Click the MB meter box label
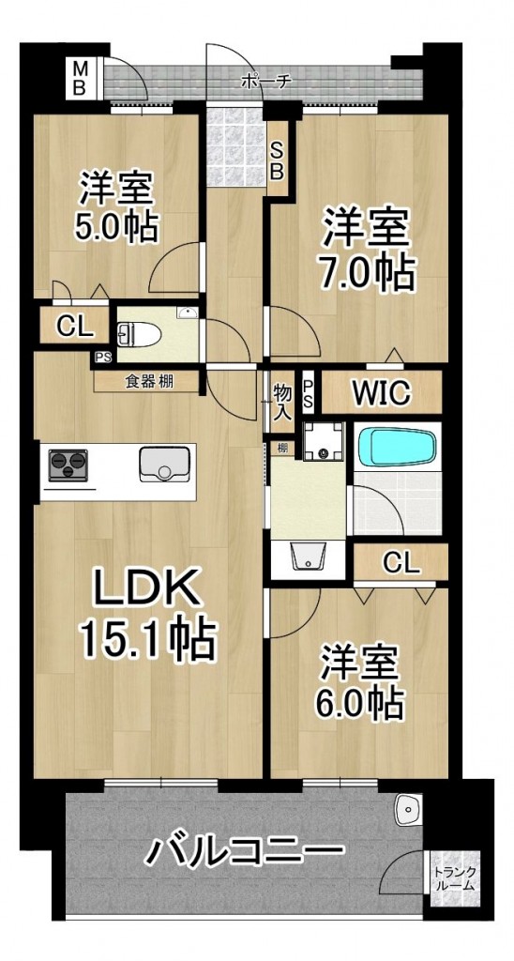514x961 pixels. [x=80, y=77]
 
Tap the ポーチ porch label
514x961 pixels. [x=265, y=81]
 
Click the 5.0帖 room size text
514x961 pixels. [x=116, y=225]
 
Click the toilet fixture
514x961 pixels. [x=140, y=335]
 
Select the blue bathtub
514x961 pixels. [x=397, y=448]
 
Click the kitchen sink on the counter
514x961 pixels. [x=164, y=464]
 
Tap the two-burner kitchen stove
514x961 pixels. [x=68, y=465]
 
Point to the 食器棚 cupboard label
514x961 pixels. [x=149, y=381]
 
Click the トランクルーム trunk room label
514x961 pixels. [x=454, y=878]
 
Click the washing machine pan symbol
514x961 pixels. [x=325, y=441]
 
